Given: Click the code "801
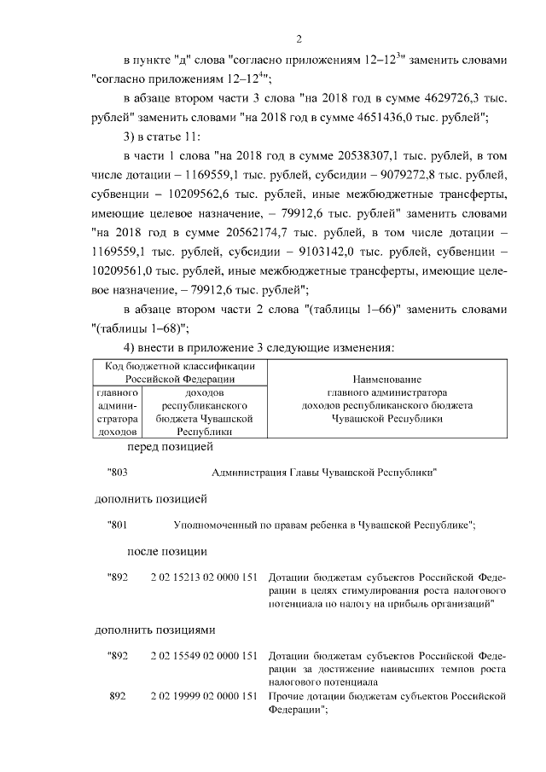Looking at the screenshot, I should point(117,525).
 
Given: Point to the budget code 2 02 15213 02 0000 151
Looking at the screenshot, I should point(203,578).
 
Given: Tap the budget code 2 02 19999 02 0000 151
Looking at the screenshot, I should point(203,696).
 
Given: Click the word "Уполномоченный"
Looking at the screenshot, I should point(216,525).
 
